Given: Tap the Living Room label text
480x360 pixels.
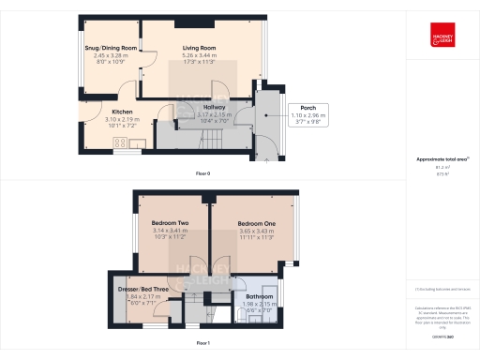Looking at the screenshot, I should [x=199, y=48].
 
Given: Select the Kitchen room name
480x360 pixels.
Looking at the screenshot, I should [x=111, y=112].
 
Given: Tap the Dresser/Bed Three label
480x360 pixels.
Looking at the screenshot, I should [x=143, y=290].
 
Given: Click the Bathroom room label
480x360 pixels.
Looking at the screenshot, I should [x=259, y=296].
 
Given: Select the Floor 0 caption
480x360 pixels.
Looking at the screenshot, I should [x=202, y=174].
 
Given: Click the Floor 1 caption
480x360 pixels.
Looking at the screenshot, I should [x=202, y=344].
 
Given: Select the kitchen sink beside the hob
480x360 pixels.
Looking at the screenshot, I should [x=137, y=142].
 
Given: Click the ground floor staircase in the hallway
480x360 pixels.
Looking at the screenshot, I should [x=214, y=139].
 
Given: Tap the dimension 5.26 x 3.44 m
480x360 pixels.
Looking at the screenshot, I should [x=199, y=55].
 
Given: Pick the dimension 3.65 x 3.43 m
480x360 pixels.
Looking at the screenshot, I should [x=256, y=232].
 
